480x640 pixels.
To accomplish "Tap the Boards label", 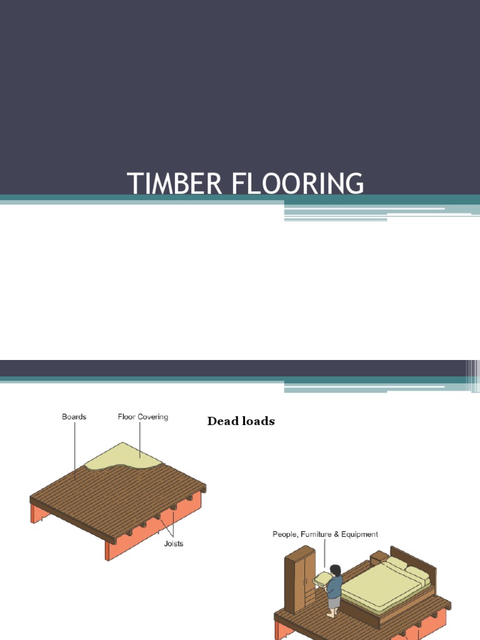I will coord(74,417).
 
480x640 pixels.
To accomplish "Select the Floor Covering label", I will coord(142,417).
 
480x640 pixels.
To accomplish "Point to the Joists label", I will coord(173,544).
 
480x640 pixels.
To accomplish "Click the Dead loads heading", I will coord(241,421).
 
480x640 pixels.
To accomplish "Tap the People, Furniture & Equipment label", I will coord(325,534).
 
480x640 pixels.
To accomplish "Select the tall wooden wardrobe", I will coord(299,578).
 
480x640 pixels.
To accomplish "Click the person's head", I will coord(336,571).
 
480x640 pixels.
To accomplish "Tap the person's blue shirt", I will coord(336,587).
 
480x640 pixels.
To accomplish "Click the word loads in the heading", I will coord(259,421).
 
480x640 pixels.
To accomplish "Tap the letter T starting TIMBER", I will coord(133,184).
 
